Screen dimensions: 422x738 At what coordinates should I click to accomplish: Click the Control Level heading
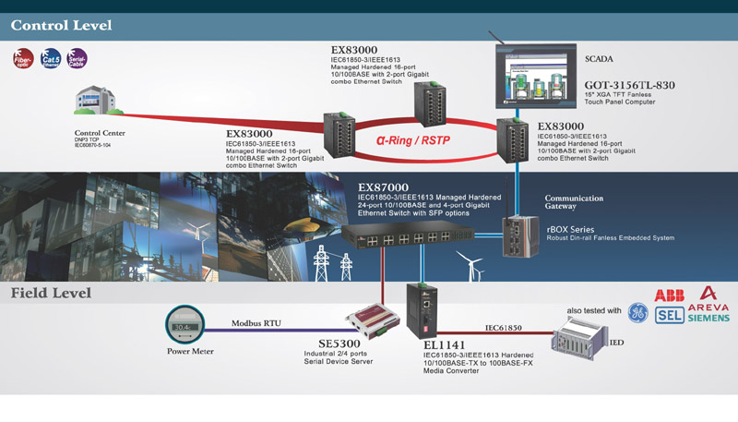pyautogui.click(x=61, y=25)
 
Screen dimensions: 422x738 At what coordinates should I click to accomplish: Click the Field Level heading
pyautogui.click(x=52, y=294)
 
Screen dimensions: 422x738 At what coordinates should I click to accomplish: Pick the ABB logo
pyautogui.click(x=669, y=295)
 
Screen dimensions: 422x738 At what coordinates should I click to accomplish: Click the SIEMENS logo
pyautogui.click(x=707, y=318)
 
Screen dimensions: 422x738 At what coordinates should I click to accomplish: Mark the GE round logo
pyautogui.click(x=637, y=312)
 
